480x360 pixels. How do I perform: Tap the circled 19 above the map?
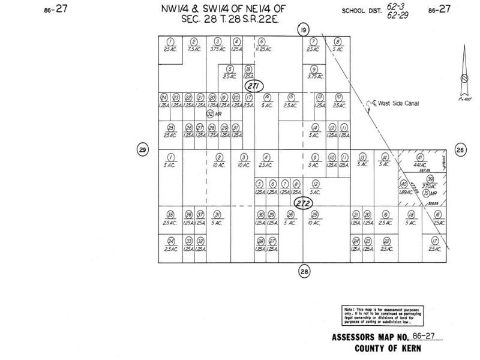point(304,29)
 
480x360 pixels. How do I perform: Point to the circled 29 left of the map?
point(142,149)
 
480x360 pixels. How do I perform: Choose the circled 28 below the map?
point(304,271)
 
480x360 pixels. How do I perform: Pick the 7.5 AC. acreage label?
point(193,49)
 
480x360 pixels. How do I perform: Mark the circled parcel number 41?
point(420,157)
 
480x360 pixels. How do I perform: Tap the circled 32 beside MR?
point(210,113)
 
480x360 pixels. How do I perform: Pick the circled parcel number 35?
point(170,215)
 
